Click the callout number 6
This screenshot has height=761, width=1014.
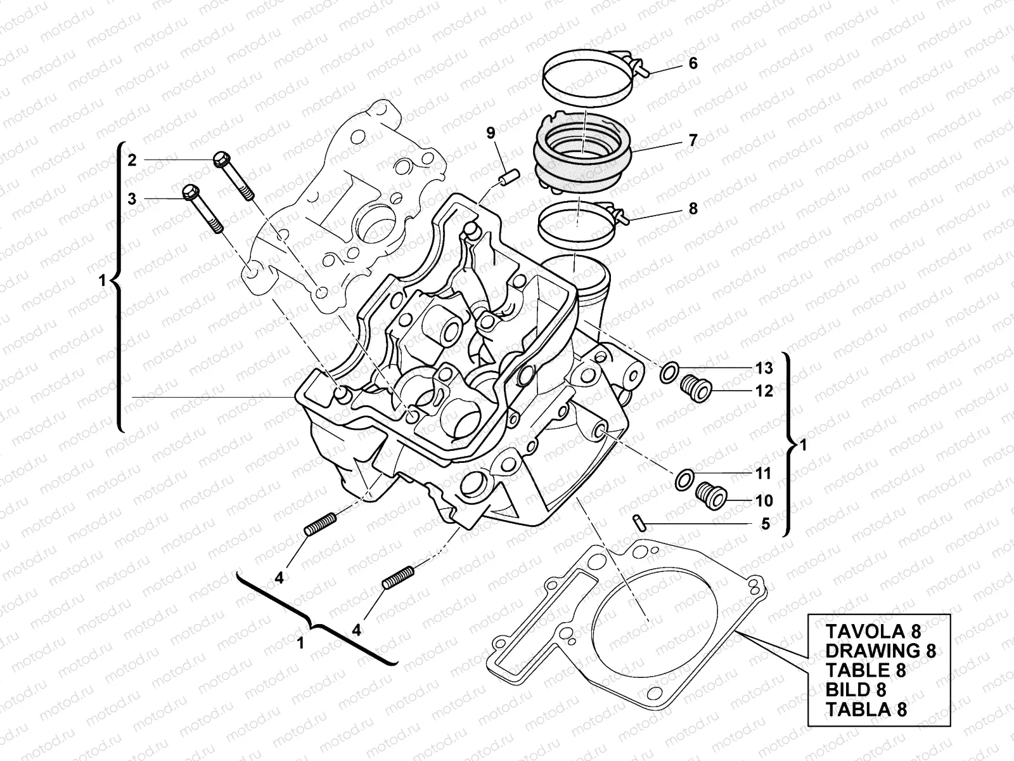(x=693, y=63)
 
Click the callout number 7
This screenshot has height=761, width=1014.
(x=693, y=140)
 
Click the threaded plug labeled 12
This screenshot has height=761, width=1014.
(x=698, y=388)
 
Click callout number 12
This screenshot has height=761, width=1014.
(x=764, y=391)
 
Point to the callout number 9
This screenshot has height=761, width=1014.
(x=491, y=133)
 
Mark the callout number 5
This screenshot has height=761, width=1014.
(x=765, y=524)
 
